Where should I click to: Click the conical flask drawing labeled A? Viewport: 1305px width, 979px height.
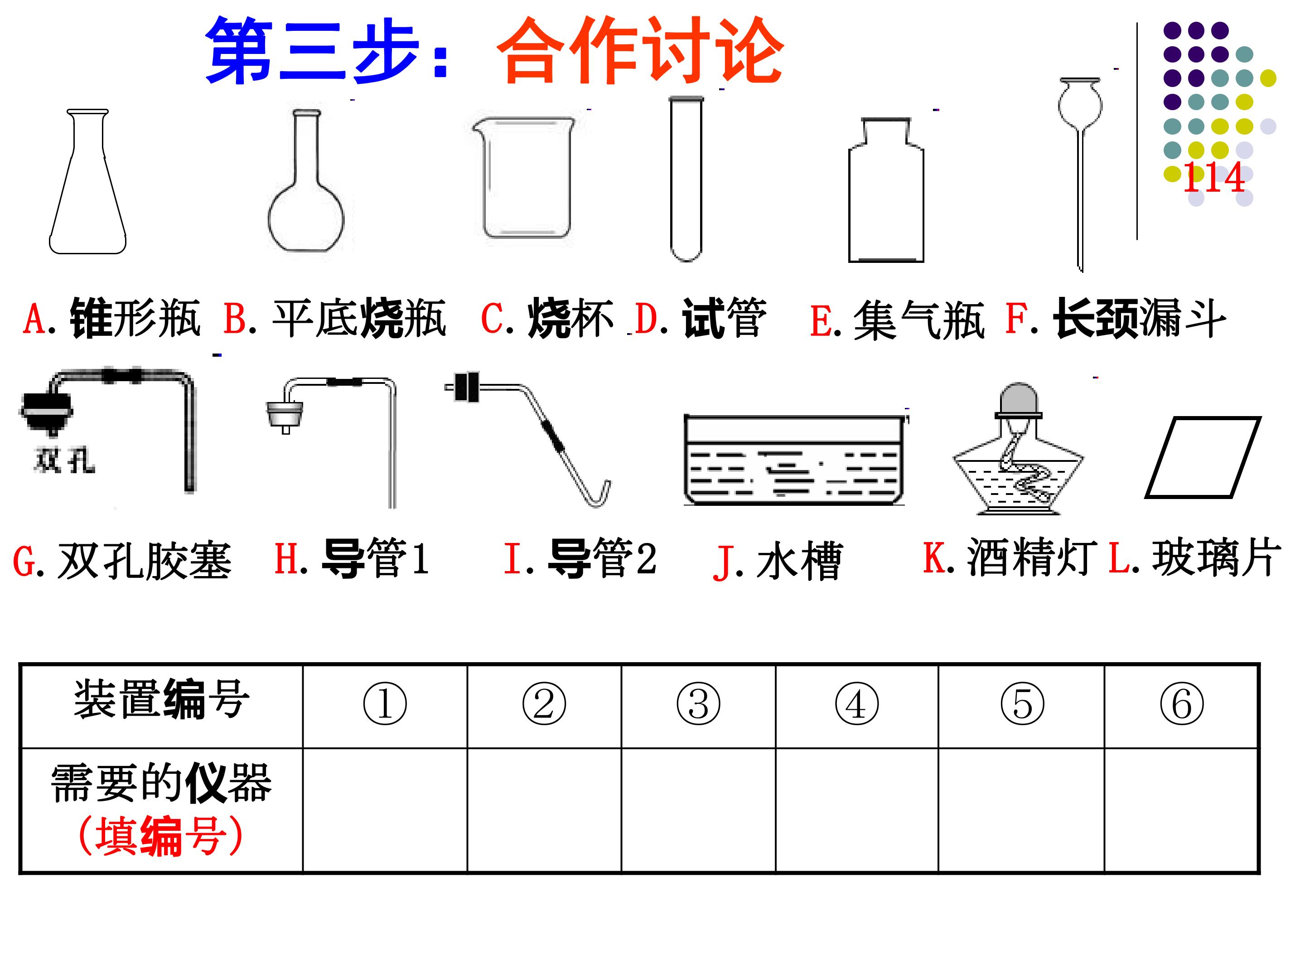pyautogui.click(x=87, y=181)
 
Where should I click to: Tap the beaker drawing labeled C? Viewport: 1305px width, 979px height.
pyautogui.click(x=523, y=177)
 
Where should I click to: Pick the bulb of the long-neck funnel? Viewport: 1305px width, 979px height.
pyautogui.click(x=1080, y=104)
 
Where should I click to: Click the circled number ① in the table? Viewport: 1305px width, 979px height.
pyautogui.click(x=385, y=704)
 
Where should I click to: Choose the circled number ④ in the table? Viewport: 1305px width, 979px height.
pyautogui.click(x=856, y=704)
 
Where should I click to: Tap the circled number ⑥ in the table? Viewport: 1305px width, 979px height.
pyautogui.click(x=1182, y=704)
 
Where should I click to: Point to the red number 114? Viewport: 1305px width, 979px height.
pyautogui.click(x=1213, y=177)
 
